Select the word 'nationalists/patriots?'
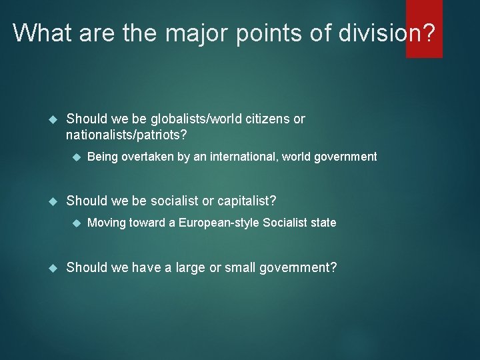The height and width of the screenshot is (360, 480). [x=127, y=135]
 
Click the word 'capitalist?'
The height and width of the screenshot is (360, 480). [x=243, y=200]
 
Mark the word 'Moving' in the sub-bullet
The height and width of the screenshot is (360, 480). [x=107, y=222]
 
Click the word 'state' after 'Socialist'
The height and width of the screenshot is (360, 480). [x=323, y=222]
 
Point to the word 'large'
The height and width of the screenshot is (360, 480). [x=185, y=267]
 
